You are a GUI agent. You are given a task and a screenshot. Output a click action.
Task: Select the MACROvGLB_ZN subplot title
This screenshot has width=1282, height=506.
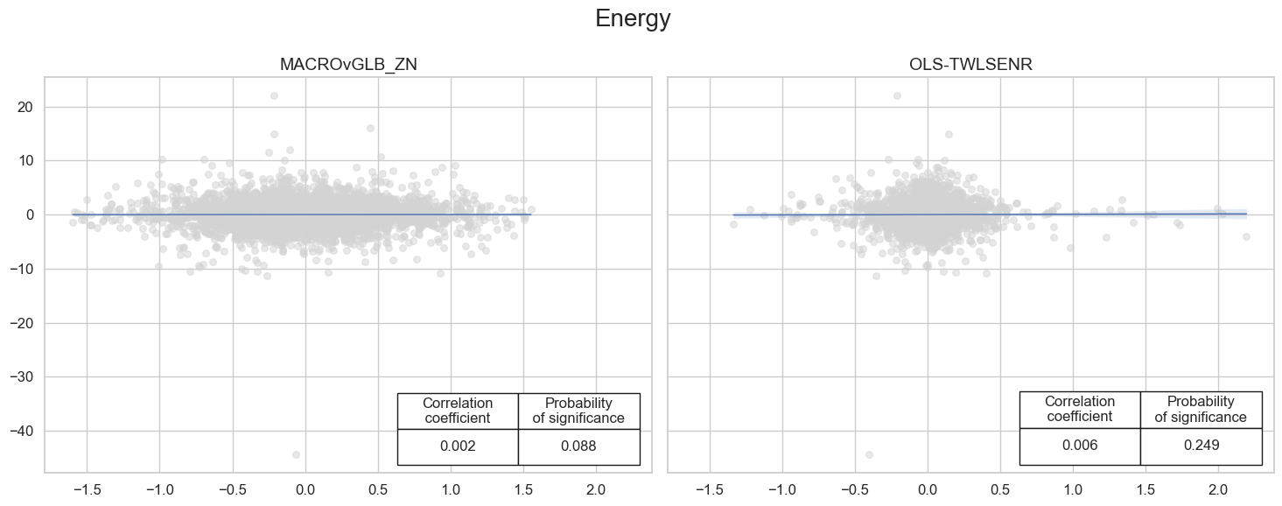click(x=348, y=65)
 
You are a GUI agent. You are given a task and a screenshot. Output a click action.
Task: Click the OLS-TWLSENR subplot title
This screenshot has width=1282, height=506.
click(x=970, y=65)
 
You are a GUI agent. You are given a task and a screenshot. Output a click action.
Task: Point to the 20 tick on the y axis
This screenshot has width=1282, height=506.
click(x=25, y=107)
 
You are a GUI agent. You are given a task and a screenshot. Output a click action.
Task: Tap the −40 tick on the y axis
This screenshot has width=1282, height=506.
click(x=21, y=431)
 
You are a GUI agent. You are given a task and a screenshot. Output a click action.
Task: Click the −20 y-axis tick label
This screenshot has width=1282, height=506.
click(x=21, y=323)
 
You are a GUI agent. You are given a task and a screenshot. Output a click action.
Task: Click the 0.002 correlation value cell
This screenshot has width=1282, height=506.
click(x=458, y=446)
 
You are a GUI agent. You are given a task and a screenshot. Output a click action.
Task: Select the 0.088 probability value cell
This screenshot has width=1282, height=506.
click(x=578, y=446)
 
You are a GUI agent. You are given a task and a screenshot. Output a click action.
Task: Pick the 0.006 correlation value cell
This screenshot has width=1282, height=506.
click(x=1080, y=446)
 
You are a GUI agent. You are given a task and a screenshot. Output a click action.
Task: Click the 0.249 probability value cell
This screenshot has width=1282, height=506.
click(x=1201, y=446)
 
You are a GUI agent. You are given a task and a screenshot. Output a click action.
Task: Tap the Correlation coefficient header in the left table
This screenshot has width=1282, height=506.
click(x=458, y=411)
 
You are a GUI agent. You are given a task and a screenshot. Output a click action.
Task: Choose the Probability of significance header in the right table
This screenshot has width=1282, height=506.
click(x=1201, y=410)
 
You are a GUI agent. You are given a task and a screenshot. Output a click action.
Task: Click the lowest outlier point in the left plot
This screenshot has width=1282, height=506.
click(x=296, y=454)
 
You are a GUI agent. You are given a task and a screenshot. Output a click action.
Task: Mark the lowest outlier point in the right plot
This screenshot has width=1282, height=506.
click(x=869, y=454)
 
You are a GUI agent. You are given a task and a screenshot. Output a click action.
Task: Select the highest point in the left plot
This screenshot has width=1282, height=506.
click(x=274, y=95)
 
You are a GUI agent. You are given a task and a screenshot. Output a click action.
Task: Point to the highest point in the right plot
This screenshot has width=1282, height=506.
click(x=897, y=95)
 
